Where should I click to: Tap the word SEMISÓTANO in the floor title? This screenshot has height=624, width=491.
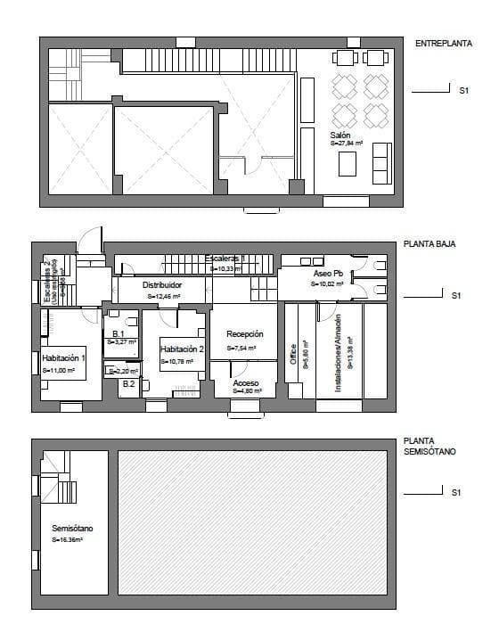pos(430,453)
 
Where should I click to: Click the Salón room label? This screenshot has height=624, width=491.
pos(340,135)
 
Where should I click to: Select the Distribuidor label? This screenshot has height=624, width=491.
pos(162,284)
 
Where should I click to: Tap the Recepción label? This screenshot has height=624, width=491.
pos(244,333)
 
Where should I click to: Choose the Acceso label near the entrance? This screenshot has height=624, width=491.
pos(246,382)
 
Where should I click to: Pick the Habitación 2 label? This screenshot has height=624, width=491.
pos(183,349)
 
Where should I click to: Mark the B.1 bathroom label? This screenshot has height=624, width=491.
pos(119,333)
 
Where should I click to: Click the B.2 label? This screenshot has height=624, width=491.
pos(128,384)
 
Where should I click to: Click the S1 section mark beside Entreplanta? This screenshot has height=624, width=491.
pos(463,90)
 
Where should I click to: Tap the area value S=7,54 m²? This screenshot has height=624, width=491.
pos(241,348)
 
